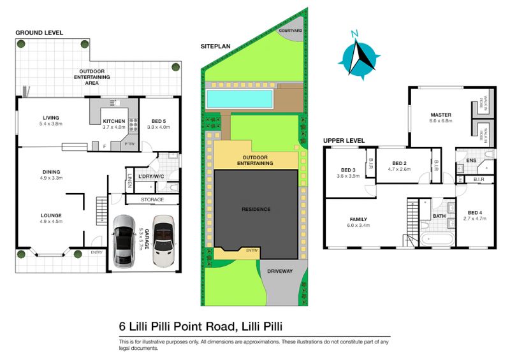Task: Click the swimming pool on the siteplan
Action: [x=241, y=98]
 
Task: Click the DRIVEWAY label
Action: [x=279, y=271]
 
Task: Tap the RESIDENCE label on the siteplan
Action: [x=255, y=209]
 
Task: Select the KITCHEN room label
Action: [x=113, y=121]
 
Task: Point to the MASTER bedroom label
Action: [x=441, y=115]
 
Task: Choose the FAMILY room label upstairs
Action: [x=356, y=219]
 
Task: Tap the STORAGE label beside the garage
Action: [x=152, y=200]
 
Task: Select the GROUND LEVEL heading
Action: [x=40, y=32]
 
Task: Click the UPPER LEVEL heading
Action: [x=344, y=140]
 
